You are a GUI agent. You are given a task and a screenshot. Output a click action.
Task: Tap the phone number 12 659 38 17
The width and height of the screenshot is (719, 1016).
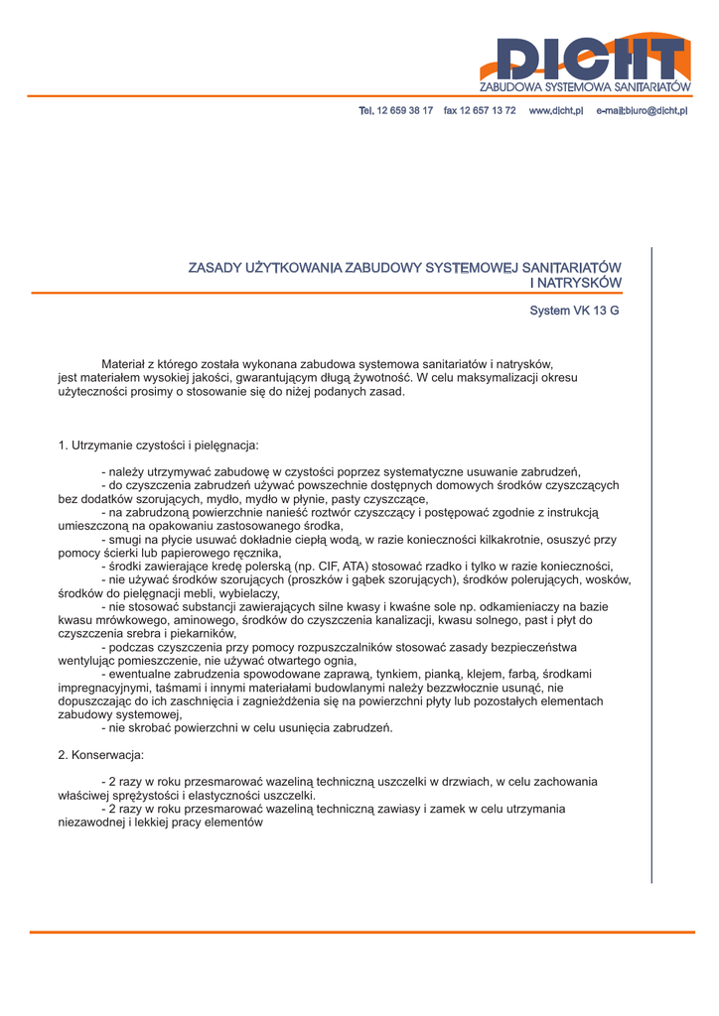(x=405, y=110)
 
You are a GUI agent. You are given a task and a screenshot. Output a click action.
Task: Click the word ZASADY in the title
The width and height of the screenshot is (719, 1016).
(x=215, y=268)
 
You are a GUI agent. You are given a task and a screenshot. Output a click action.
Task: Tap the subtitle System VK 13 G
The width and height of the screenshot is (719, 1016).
(x=574, y=311)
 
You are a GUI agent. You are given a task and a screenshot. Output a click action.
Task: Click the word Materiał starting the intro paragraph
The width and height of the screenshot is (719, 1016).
(x=124, y=364)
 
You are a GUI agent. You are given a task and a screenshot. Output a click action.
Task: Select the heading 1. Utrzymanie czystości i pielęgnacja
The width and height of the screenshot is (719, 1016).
(x=159, y=444)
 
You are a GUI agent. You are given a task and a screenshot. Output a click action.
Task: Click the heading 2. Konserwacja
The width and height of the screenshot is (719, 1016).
(x=101, y=754)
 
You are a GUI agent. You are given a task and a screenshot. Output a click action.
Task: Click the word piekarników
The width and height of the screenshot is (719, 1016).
(x=204, y=633)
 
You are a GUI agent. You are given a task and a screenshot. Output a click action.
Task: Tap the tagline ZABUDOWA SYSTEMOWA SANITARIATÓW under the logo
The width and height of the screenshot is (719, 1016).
(x=584, y=88)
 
